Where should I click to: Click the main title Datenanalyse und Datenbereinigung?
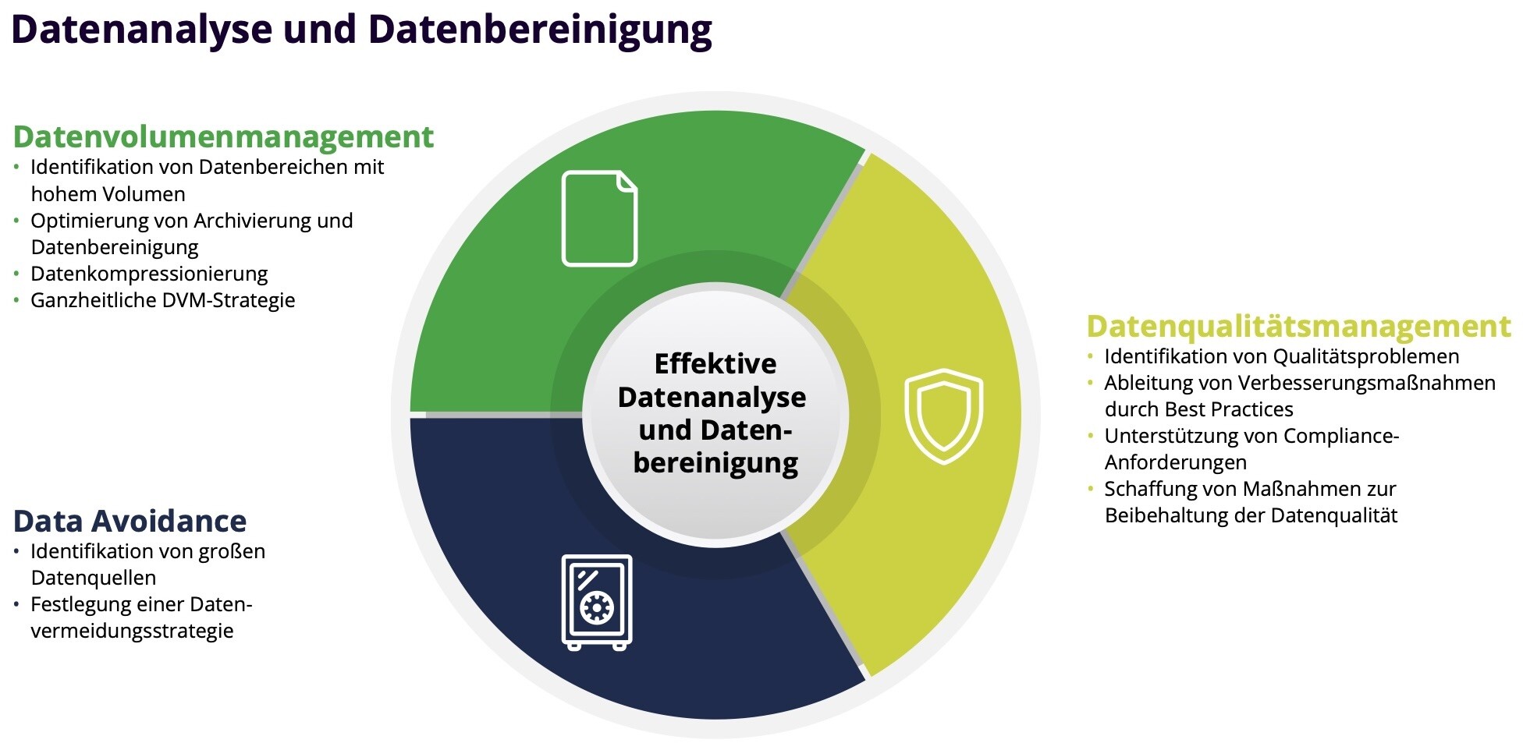[361, 30]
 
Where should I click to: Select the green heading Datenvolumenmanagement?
[223, 137]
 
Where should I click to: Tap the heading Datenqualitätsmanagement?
[1298, 327]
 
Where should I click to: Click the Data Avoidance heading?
[130, 521]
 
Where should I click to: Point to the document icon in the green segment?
[599, 218]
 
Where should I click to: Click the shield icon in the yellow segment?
[943, 416]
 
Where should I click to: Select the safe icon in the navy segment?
[597, 602]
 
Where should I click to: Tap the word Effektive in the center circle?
[715, 363]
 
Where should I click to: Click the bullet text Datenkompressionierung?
[149, 274]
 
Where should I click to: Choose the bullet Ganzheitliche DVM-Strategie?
[163, 300]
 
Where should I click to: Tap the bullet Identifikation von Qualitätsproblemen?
[1282, 356]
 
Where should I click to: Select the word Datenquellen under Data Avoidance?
[94, 578]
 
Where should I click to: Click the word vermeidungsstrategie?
[133, 631]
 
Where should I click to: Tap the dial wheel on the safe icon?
[598, 607]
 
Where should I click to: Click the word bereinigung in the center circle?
[715, 463]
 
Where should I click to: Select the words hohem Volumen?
[108, 194]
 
